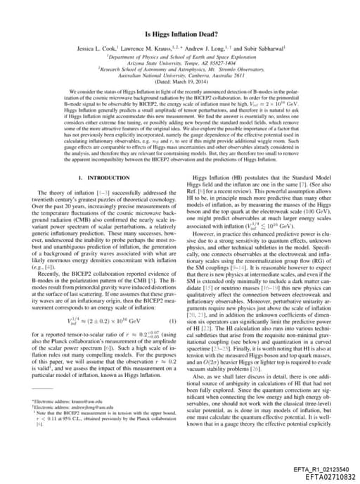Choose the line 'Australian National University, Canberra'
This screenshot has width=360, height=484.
pyautogui.click(x=179, y=77)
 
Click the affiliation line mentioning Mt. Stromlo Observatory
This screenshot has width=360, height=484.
pyautogui.click(x=179, y=71)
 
